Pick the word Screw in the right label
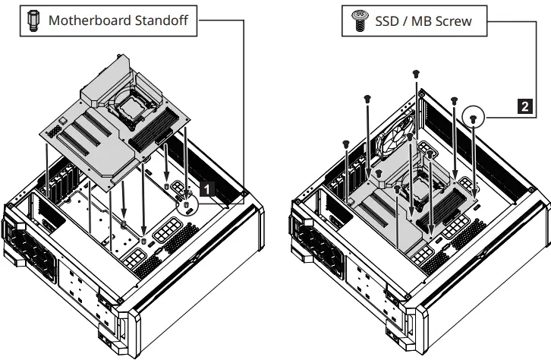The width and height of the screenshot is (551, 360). pyautogui.click(x=454, y=22)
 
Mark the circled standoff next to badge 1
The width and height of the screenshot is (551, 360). pyautogui.click(x=187, y=204)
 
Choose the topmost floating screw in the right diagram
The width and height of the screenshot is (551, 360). pyautogui.click(x=416, y=73)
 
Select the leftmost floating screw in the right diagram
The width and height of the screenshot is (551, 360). pyautogui.click(x=345, y=142)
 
